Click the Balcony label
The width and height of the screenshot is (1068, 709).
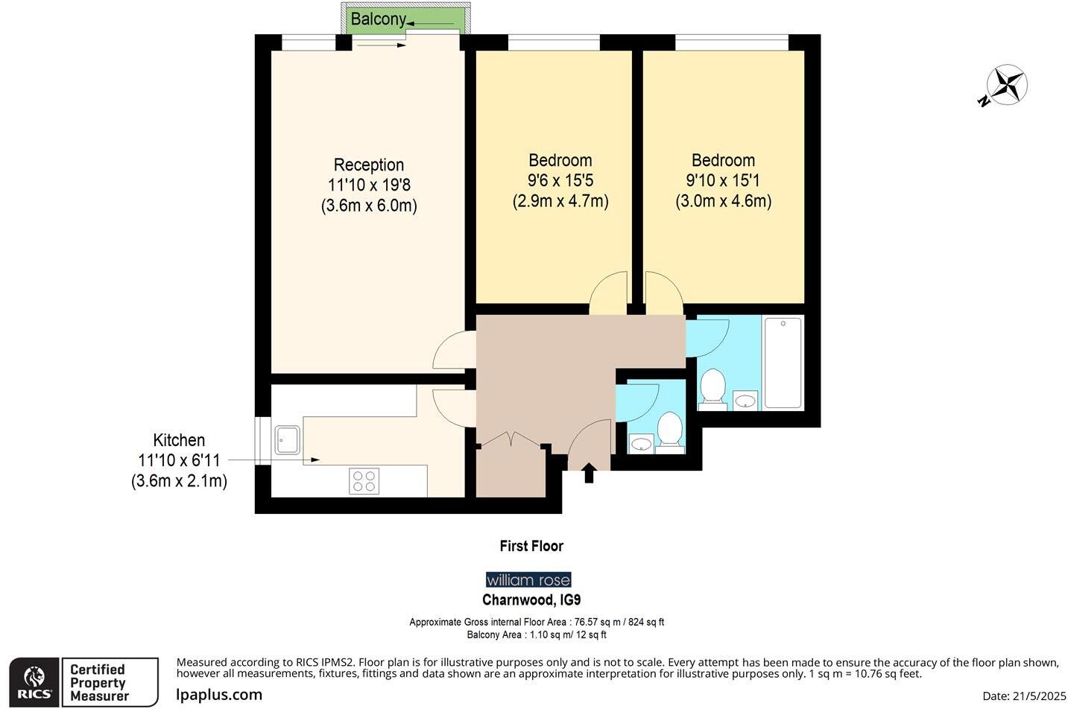coord(378,19)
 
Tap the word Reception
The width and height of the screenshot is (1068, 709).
coord(368,165)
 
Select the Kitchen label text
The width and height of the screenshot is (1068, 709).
coord(179,440)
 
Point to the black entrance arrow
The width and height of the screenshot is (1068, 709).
coord(589,473)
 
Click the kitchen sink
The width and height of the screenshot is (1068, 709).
coord(287,439)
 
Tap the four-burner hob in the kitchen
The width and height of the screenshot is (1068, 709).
coord(364,481)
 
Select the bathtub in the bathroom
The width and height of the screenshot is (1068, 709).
coord(783,363)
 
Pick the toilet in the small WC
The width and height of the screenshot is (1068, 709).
coord(670,433)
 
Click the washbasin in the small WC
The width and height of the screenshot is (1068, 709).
coord(640,445)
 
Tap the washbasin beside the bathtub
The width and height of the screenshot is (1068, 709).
coord(745,401)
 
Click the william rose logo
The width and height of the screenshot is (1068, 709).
coord(528,580)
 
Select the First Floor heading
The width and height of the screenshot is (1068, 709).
coord(531,546)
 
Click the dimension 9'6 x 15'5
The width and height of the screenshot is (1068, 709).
coord(560,180)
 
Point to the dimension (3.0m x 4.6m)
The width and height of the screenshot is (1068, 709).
coord(723,201)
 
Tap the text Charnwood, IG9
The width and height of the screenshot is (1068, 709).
coord(531,600)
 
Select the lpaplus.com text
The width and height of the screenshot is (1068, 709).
coord(219,695)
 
